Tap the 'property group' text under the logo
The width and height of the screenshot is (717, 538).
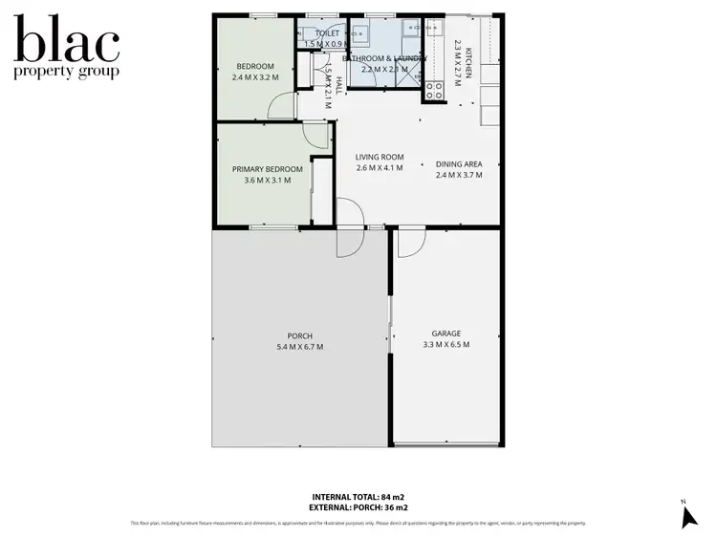(66, 73)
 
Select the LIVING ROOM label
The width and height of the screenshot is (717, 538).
(380, 158)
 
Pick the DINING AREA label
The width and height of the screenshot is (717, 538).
(459, 163)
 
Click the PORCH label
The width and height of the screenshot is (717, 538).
(299, 335)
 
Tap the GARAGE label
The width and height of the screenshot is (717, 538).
(445, 335)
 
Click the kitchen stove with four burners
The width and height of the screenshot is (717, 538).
(433, 92)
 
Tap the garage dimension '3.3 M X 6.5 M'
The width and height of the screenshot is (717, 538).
(445, 346)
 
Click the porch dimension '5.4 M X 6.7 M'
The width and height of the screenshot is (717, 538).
(299, 347)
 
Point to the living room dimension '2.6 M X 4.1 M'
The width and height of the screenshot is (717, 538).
(380, 168)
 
